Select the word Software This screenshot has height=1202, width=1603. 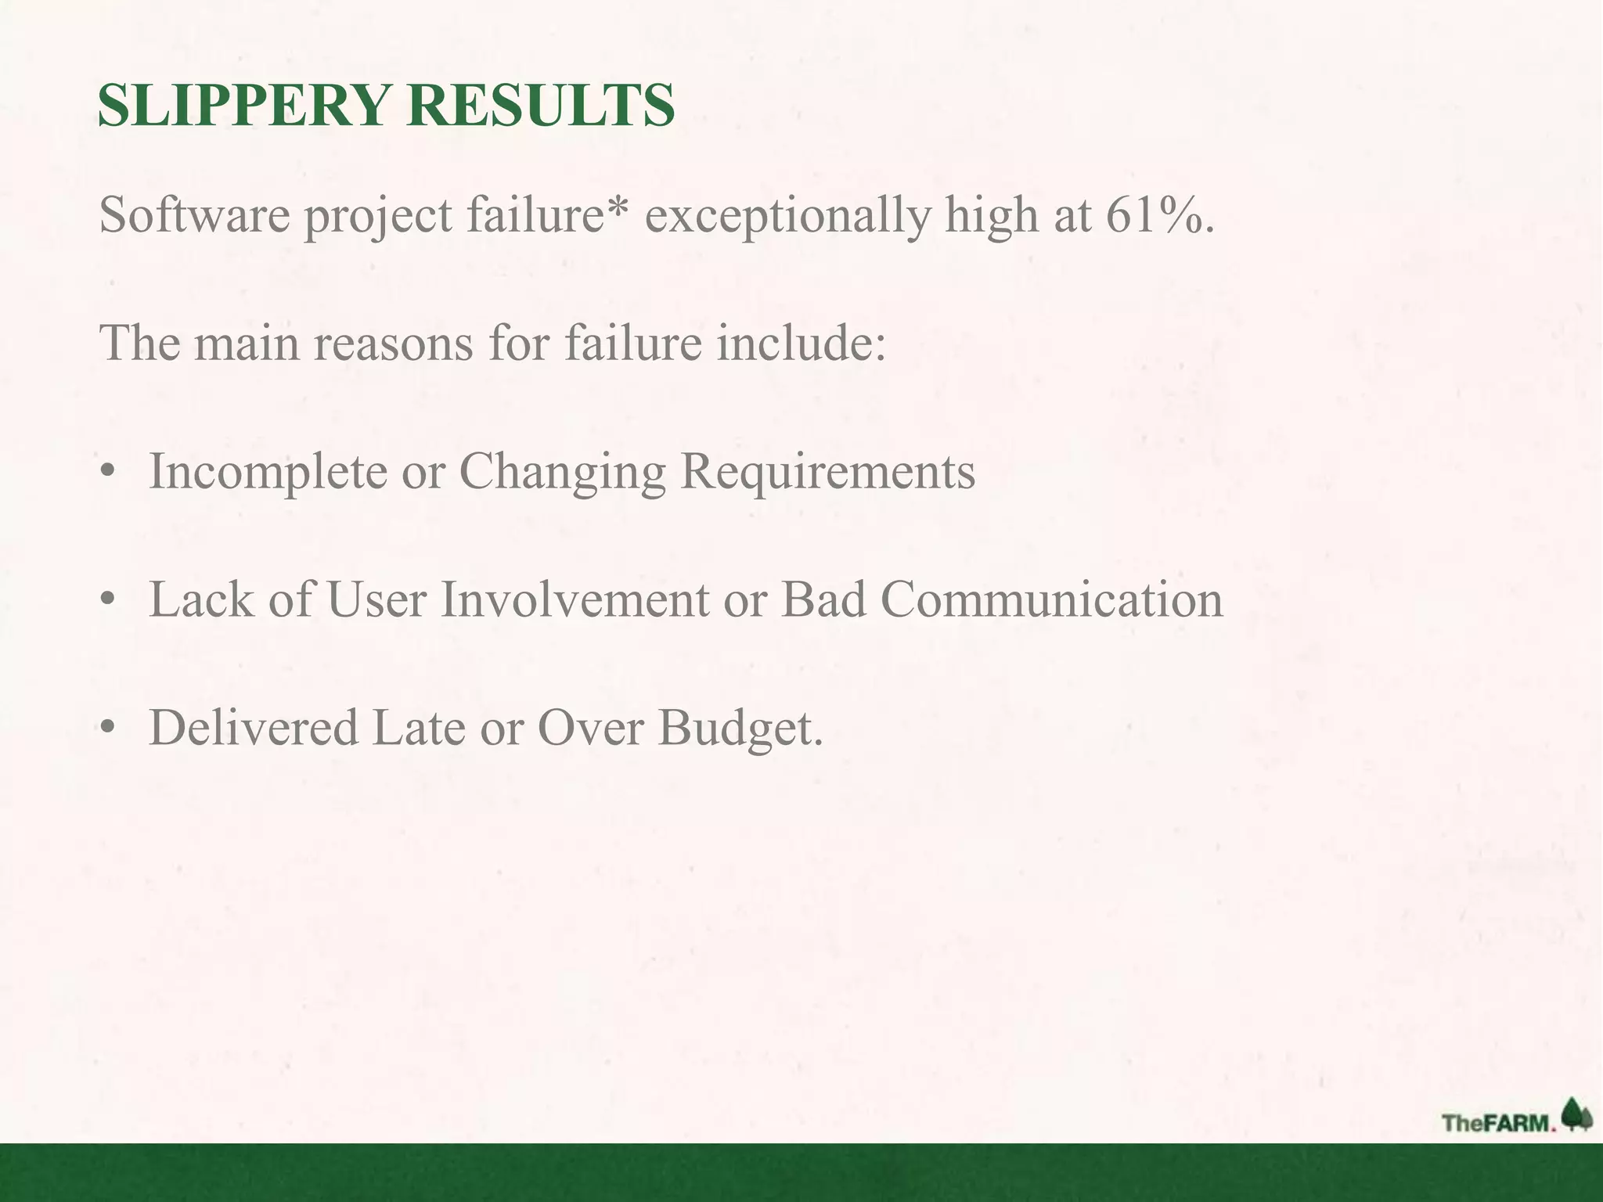194,214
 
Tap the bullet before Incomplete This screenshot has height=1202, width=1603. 108,473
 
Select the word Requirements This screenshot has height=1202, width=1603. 827,472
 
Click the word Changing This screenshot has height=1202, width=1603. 561,472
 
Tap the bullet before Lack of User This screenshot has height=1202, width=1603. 108,601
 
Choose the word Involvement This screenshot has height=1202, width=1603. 575,599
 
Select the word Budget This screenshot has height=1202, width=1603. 739,729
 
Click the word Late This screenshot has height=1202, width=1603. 418,727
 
